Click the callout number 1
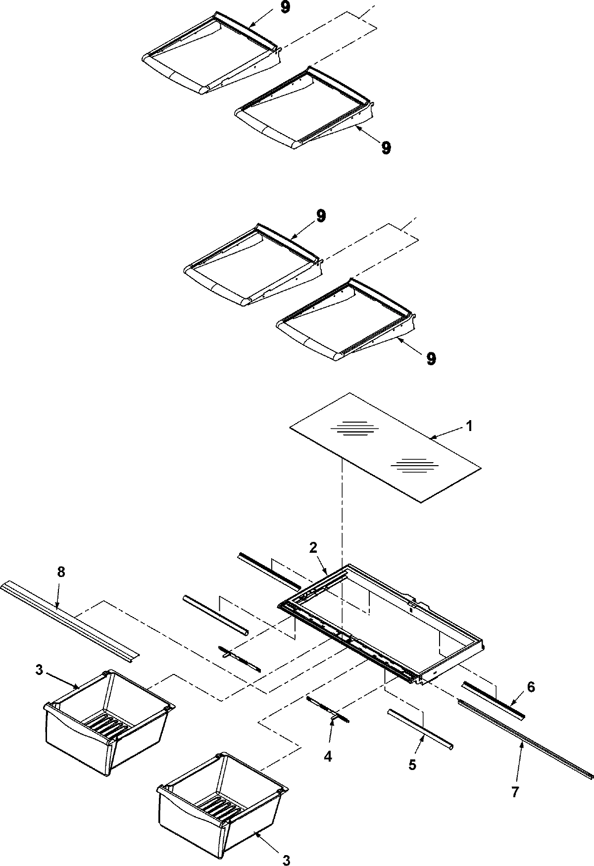point(470,426)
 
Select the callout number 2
point(314,547)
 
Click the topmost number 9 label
point(286,9)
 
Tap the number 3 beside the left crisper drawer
point(39,670)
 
